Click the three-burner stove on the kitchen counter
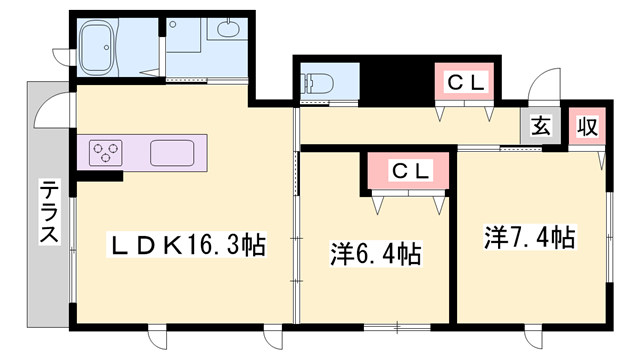click(x=104, y=153)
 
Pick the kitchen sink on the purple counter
click(x=173, y=153)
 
